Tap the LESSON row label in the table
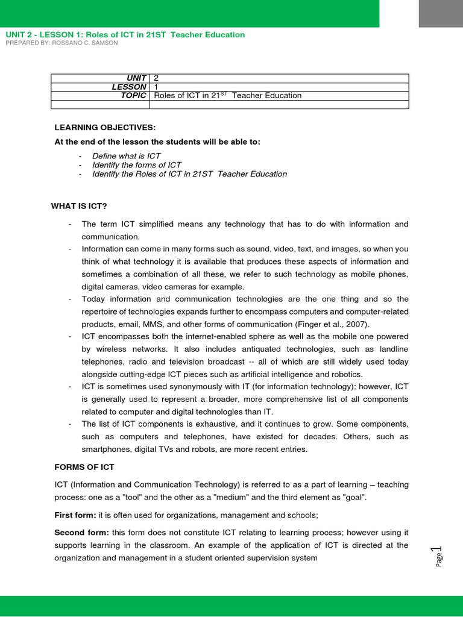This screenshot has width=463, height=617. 128,87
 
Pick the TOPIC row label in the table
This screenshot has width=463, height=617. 133,95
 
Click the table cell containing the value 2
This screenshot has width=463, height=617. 279,78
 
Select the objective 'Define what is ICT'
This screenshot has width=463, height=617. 126,156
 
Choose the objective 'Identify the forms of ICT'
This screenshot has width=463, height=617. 136,165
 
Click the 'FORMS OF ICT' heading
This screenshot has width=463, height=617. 84,467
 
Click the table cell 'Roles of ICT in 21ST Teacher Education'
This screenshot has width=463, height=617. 228,95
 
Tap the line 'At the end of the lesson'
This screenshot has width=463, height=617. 158,142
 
